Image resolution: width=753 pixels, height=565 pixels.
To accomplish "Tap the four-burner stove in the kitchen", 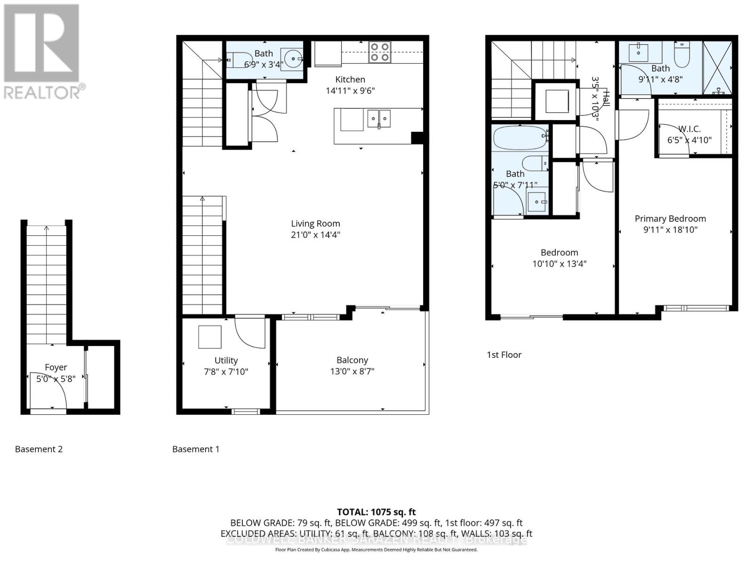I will [380, 52].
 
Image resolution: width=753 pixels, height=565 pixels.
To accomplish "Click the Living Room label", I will [315, 224].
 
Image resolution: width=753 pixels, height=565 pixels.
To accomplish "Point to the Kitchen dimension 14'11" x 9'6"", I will [350, 90].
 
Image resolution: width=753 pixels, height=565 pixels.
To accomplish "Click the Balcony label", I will [352, 360].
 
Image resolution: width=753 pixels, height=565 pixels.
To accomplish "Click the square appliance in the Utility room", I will [209, 337].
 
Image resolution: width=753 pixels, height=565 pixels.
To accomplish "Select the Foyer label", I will [56, 367].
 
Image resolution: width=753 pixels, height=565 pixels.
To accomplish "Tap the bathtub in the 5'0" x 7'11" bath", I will [520, 137].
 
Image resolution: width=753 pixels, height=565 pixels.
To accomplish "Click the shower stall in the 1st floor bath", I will [717, 68].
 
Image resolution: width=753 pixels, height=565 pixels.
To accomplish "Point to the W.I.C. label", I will [689, 129].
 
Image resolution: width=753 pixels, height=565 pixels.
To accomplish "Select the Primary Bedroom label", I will [670, 218].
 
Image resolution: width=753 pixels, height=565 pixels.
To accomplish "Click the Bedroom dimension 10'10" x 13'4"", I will [559, 264].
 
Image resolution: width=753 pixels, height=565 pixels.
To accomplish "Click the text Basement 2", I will [39, 449].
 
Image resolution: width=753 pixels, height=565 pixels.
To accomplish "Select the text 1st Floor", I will [504, 355].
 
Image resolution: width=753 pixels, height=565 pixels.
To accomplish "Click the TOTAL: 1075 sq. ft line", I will [376, 512].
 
